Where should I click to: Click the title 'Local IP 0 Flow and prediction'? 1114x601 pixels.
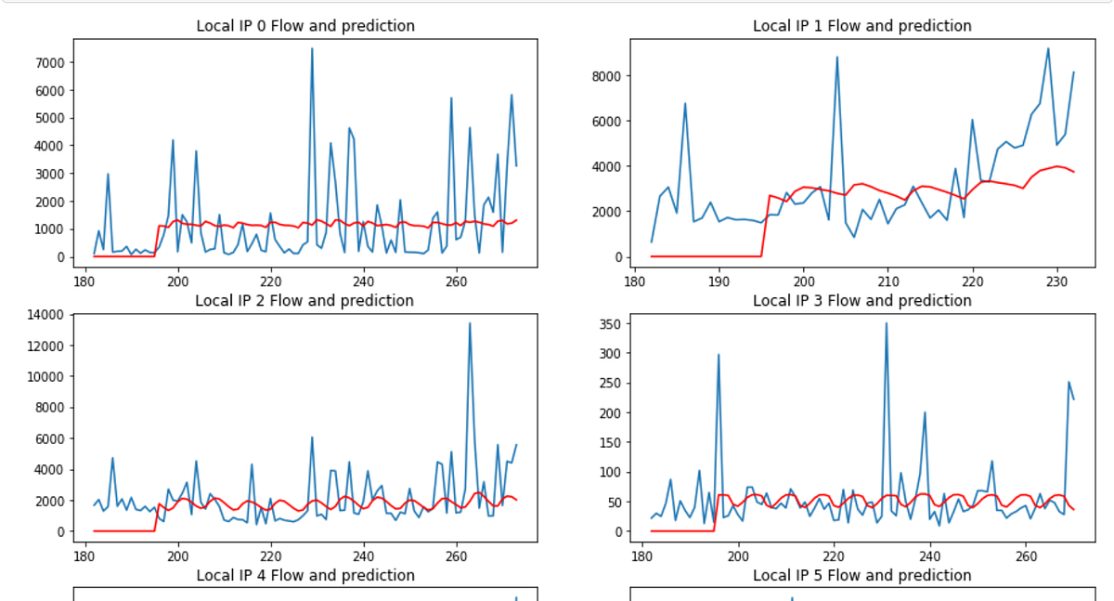point(305,26)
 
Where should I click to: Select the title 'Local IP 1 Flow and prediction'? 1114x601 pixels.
point(861,26)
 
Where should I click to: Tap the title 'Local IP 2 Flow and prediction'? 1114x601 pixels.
point(305,301)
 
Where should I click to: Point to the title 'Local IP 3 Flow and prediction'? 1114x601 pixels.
point(861,301)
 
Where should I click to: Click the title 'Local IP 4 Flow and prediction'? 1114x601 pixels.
point(305,576)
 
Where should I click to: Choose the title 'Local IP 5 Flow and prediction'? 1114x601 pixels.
point(861,576)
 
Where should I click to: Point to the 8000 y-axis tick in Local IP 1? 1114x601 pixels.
point(604,76)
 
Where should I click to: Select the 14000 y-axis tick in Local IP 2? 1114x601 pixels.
point(45,315)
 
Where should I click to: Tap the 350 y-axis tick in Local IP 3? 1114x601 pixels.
point(609,323)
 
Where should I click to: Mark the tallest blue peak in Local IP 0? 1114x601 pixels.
point(312,49)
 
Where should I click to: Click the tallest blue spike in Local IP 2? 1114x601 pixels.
point(470,323)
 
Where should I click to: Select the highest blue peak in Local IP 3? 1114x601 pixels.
point(887,323)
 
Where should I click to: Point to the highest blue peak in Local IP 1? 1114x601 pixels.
point(1048,49)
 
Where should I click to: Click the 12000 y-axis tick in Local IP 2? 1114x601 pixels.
point(45,346)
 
